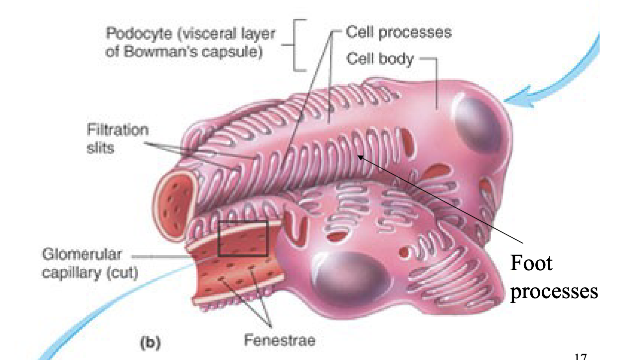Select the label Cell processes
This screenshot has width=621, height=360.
click(x=399, y=33)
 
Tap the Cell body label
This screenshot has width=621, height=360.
click(x=380, y=59)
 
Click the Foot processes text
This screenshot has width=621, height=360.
click(x=553, y=277)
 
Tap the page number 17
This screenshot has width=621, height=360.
click(x=581, y=356)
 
